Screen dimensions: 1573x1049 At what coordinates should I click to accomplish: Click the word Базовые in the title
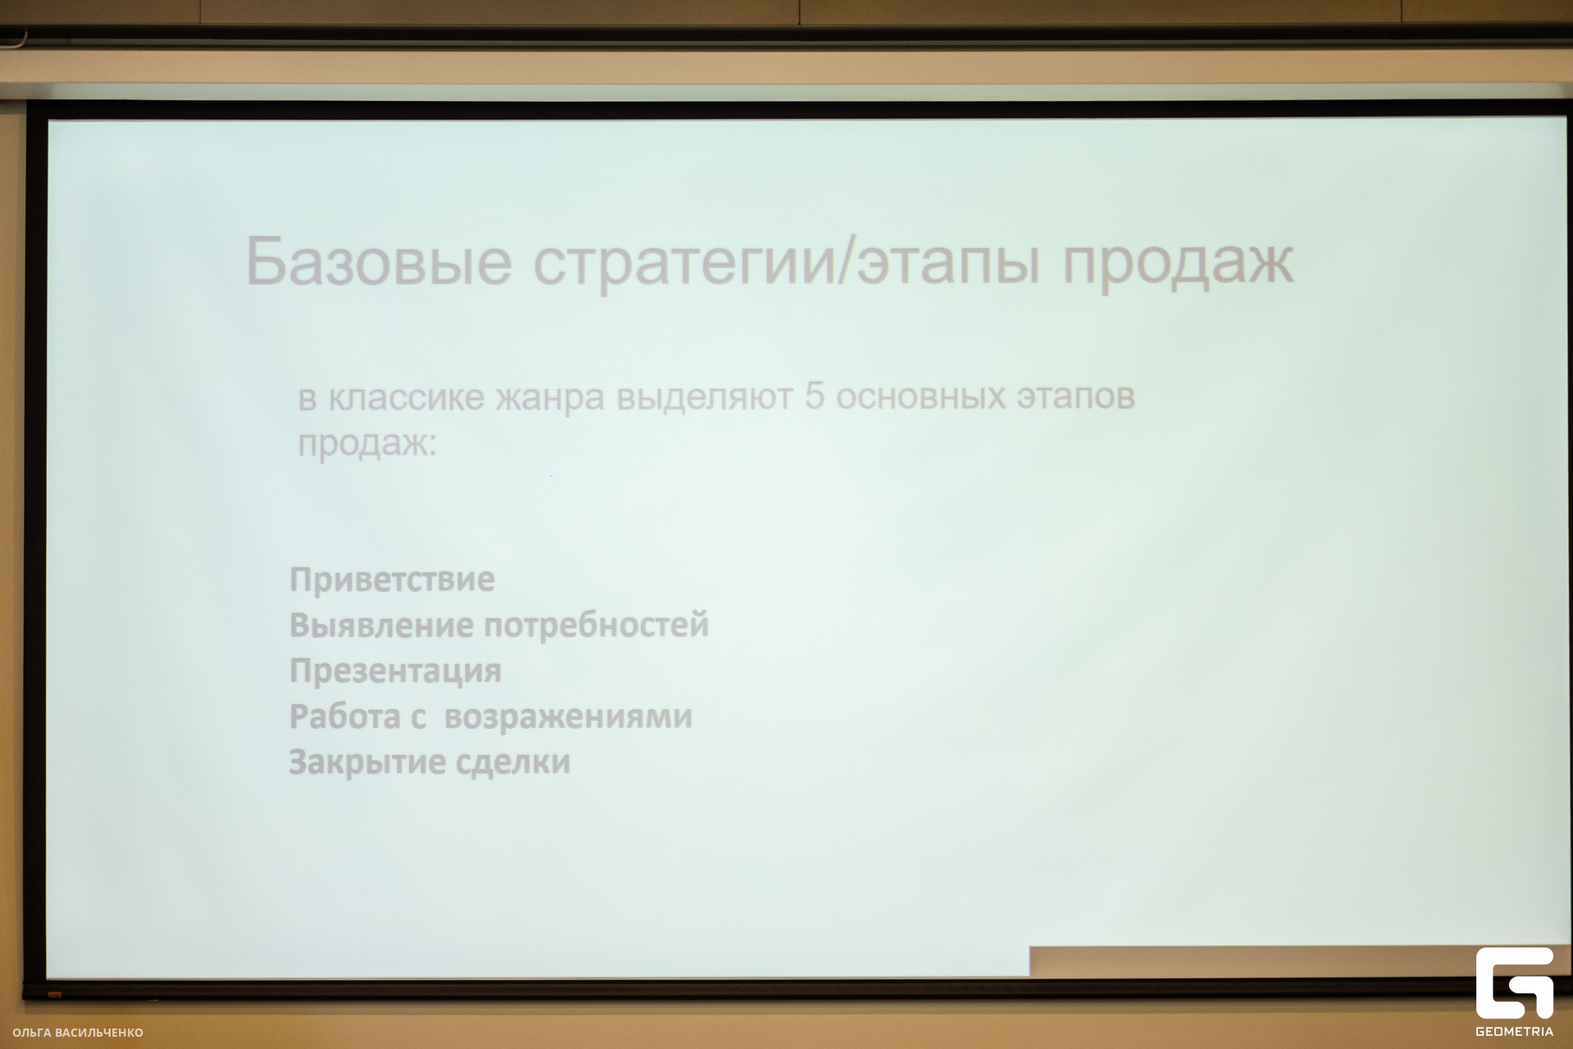pos(379,261)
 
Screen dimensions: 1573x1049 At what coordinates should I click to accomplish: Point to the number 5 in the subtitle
pos(814,396)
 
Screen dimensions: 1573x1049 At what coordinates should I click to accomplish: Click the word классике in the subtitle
pos(406,398)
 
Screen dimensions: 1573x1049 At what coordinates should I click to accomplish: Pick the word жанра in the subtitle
pos(551,399)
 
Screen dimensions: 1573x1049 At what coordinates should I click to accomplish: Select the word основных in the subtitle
pos(921,397)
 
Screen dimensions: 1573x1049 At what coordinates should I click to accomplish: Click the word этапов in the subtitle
pos(1076,397)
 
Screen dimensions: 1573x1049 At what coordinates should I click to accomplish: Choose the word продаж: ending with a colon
pos(367,445)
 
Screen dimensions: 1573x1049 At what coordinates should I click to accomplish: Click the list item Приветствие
pos(392,580)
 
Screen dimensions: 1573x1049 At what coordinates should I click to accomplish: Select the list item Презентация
pos(396,671)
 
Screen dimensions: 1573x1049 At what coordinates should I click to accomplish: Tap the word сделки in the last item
pos(513,763)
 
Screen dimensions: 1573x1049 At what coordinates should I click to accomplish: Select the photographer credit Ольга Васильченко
pos(78,1033)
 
